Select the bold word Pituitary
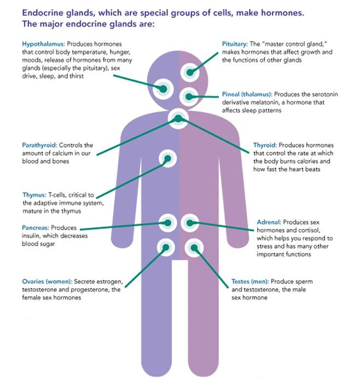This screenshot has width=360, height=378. [x=235, y=43]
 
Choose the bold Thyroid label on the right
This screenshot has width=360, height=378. [x=265, y=145]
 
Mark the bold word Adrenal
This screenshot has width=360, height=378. [x=269, y=222]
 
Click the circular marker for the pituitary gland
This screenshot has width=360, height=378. [x=189, y=72]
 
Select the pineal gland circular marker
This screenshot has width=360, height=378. [x=189, y=97]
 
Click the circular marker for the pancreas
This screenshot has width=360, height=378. [x=167, y=222]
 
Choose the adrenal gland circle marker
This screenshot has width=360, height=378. [x=189, y=222]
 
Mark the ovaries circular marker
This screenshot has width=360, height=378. [x=166, y=248]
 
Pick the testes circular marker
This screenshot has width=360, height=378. [x=193, y=248]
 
